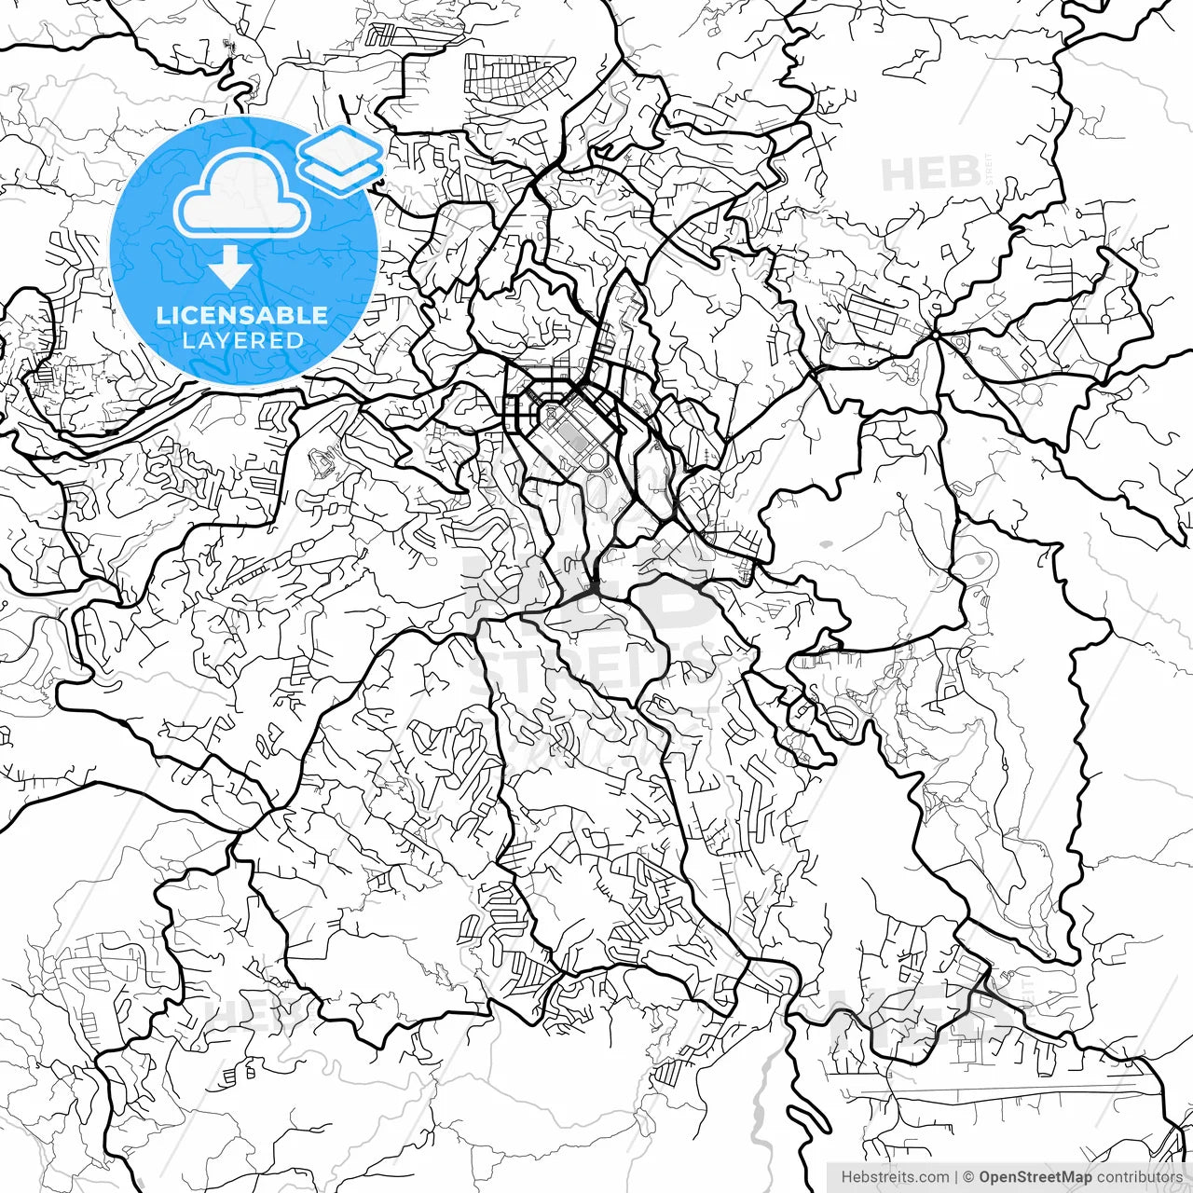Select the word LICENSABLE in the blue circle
(242, 315)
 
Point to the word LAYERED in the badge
(242, 341)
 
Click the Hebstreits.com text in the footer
(895, 1177)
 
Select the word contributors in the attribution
(1138, 1177)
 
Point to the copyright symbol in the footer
(969, 1177)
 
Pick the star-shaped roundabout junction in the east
(935, 334)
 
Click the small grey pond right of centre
(826, 542)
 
